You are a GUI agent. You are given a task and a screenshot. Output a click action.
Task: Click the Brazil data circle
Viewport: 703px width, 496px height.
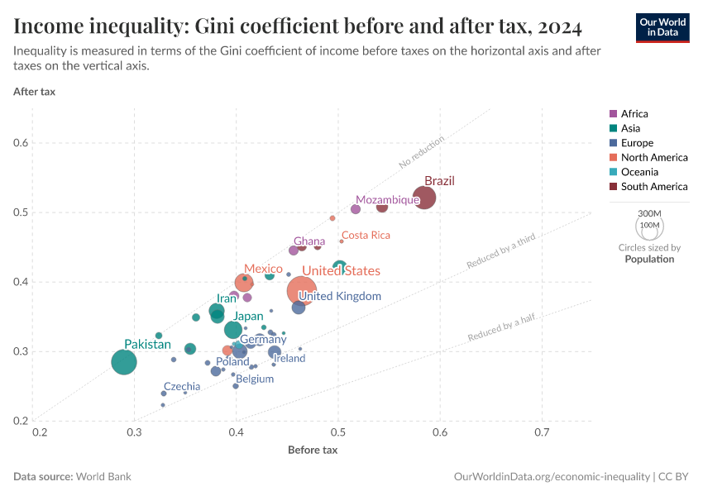424,198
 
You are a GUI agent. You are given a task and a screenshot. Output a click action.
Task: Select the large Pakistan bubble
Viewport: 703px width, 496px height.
124,362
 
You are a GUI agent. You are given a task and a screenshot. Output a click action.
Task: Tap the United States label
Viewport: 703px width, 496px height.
341,271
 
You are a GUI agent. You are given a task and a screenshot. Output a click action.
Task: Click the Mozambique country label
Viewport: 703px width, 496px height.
388,200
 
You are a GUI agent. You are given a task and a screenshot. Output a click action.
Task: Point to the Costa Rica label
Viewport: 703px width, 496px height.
366,236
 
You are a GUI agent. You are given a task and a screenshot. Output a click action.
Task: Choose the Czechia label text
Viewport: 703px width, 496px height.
182,386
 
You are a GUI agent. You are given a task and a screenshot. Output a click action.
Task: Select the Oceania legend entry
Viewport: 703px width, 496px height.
639,172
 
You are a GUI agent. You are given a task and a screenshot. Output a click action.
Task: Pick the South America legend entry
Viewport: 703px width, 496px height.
653,187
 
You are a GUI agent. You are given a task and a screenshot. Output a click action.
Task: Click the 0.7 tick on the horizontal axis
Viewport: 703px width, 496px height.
543,432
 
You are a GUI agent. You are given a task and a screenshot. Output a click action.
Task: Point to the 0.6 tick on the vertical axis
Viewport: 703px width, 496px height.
21,143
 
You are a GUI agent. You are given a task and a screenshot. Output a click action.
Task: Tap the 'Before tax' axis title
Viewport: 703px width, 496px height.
313,450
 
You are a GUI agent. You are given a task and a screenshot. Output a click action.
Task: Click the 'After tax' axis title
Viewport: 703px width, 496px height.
35,91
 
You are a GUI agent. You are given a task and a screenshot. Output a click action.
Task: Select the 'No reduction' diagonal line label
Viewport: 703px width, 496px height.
421,152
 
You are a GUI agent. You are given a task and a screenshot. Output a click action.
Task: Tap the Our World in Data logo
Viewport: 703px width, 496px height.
662,26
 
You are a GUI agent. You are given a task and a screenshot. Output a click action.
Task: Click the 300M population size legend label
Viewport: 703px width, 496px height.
649,213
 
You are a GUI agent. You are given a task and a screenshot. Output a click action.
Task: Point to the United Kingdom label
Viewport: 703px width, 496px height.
340,296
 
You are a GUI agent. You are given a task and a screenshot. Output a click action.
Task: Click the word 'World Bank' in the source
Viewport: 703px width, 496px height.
103,477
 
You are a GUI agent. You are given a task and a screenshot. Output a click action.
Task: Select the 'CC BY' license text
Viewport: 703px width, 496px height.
676,477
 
